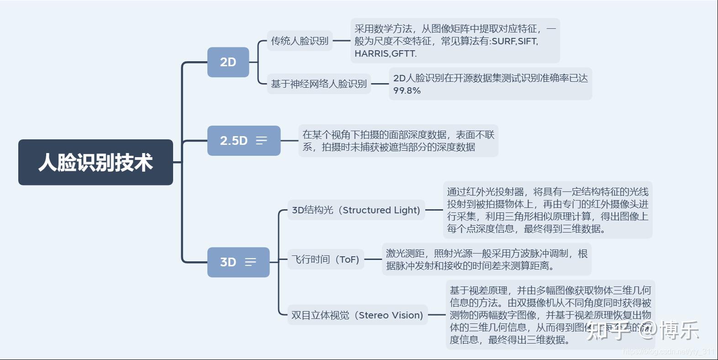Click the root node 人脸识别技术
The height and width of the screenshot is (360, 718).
click(x=95, y=162)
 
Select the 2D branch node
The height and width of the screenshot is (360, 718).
click(x=228, y=62)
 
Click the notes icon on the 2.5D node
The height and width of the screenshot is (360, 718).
click(x=261, y=141)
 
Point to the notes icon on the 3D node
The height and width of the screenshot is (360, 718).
click(x=250, y=262)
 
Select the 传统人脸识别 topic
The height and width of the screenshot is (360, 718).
click(x=300, y=41)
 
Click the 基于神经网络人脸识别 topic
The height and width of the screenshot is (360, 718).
click(x=319, y=84)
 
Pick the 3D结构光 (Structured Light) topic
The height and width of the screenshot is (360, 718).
click(x=356, y=210)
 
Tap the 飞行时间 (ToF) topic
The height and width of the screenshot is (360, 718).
click(x=325, y=259)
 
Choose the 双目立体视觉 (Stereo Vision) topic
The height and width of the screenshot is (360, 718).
click(x=357, y=315)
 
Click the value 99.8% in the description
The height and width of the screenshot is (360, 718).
click(x=407, y=90)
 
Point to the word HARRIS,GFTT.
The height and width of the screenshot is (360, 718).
click(x=385, y=53)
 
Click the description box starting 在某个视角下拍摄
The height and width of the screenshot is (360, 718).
click(x=398, y=141)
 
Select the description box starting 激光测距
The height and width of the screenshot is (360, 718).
click(x=486, y=259)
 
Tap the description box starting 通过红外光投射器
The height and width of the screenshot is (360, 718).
click(x=547, y=210)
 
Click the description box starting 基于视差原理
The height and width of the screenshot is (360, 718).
click(x=550, y=315)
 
